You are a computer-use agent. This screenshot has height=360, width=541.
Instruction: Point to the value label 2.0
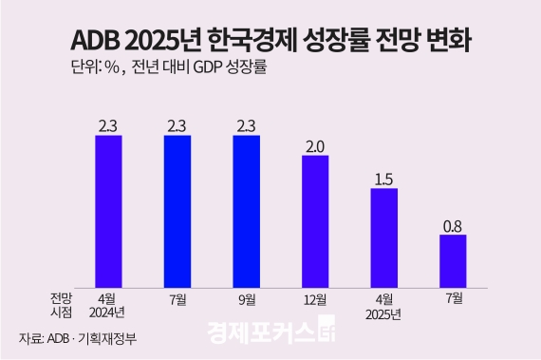click(315, 145)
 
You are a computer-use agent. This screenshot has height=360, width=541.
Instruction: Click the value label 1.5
click(383, 179)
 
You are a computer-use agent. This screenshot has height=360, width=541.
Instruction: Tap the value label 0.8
click(453, 225)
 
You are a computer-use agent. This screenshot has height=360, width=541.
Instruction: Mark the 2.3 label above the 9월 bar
click(246, 124)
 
